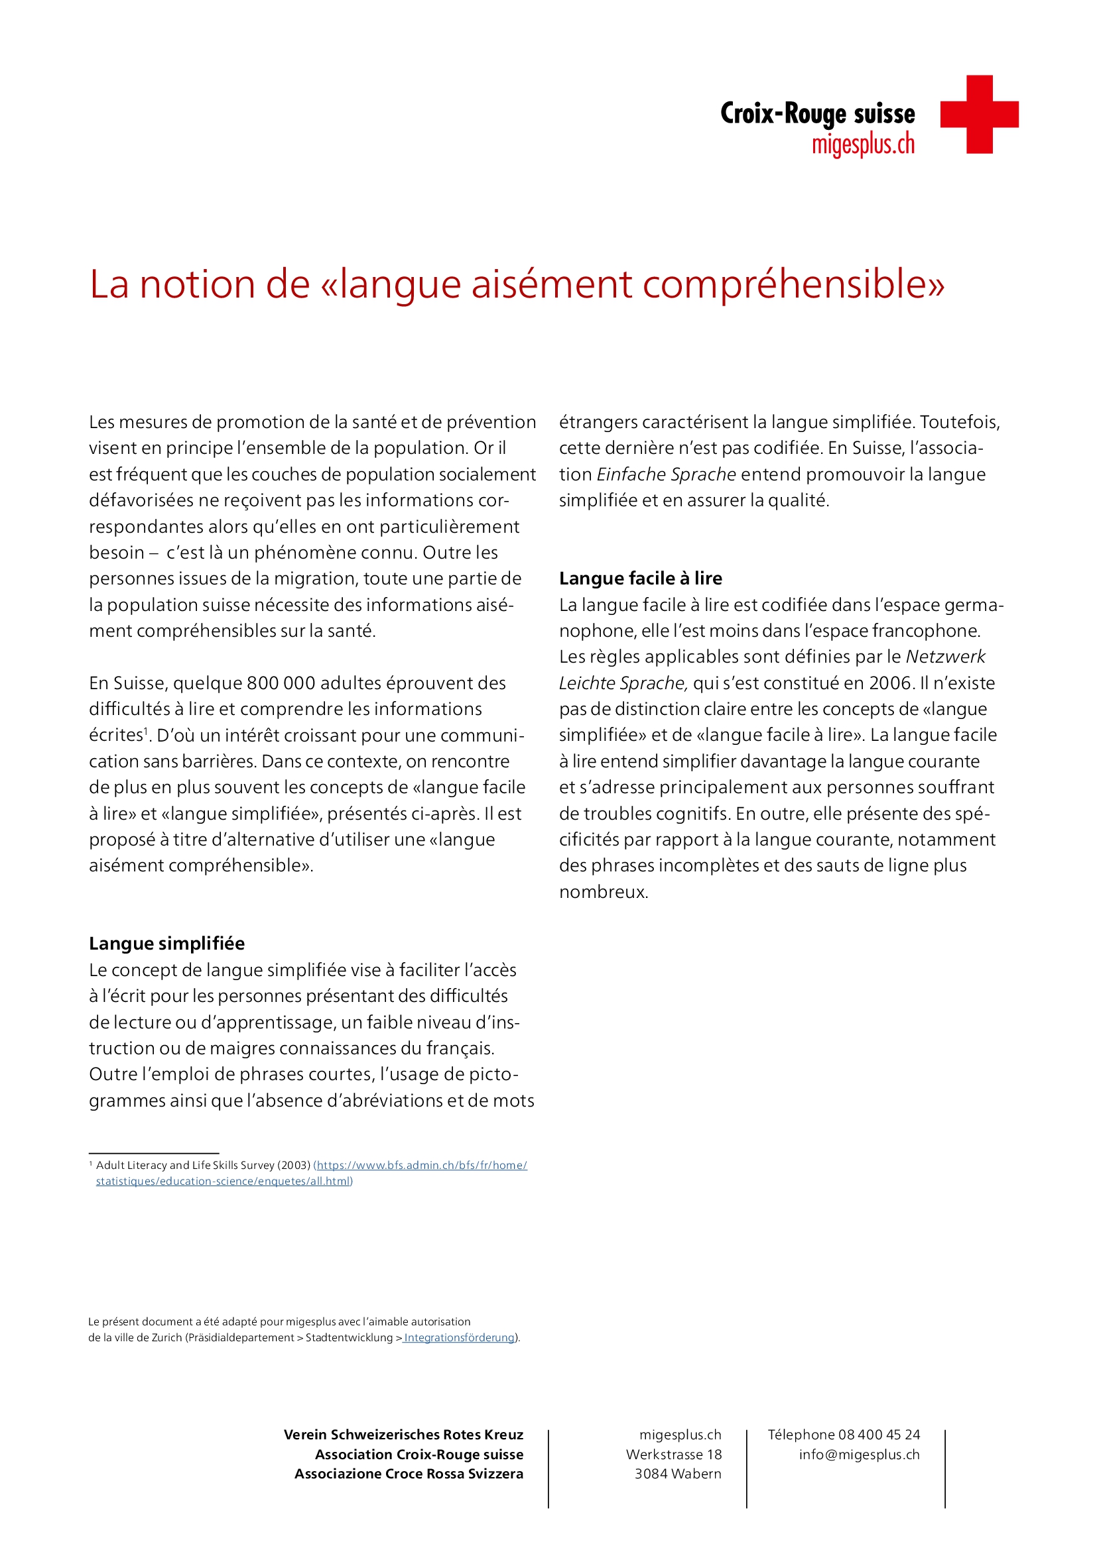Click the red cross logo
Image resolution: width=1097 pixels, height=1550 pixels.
click(979, 114)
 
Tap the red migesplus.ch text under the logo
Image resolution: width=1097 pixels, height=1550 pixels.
click(863, 144)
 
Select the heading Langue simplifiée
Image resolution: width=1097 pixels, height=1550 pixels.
click(167, 943)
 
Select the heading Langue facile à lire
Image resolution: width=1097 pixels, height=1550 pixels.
click(641, 578)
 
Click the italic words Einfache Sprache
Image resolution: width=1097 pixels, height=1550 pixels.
click(666, 474)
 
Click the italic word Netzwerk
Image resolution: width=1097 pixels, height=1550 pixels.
click(945, 657)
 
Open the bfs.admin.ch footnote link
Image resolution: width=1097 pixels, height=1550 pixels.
click(422, 1165)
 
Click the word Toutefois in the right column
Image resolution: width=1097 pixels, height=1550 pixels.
click(959, 422)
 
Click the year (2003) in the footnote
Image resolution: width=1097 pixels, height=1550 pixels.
click(294, 1165)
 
